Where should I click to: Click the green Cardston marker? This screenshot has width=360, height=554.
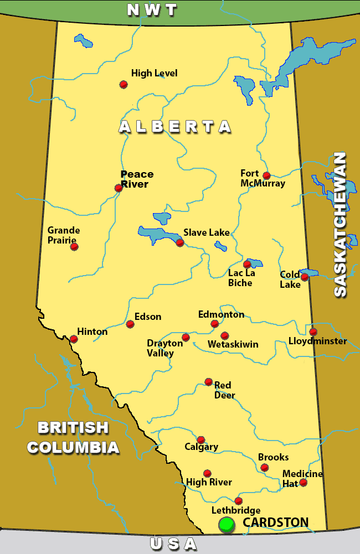226,524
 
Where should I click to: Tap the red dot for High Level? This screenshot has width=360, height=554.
124,84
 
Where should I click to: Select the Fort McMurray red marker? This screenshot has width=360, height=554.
266,175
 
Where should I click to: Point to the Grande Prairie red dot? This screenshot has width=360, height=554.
74,246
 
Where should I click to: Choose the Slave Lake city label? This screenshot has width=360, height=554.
206,232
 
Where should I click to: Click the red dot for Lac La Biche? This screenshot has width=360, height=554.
247,264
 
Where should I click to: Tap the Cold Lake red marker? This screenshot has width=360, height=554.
304,277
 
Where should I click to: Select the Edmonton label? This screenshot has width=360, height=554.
221,314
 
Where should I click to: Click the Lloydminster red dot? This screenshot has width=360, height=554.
313,332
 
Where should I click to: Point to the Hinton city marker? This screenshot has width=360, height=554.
74,339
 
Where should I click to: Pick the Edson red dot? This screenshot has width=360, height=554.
130,324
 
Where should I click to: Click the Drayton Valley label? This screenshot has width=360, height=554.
164,348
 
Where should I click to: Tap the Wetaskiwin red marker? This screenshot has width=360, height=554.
224,335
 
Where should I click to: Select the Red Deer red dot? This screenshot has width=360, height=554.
208,381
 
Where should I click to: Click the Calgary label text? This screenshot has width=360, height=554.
202,447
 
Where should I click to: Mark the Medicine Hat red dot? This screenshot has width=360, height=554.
303,482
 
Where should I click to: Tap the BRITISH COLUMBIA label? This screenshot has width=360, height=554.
73,437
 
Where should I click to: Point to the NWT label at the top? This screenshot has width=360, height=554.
152,9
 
